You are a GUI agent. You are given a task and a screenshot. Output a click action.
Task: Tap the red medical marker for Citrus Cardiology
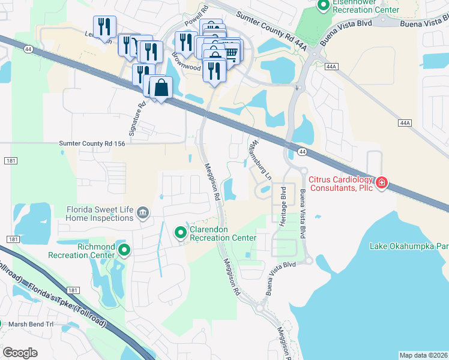(x=382, y=181)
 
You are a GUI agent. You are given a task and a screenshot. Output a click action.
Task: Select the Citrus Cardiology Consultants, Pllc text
(x=340, y=184)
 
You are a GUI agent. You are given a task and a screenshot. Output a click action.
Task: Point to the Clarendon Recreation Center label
(x=223, y=234)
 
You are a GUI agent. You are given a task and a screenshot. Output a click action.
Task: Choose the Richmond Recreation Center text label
(x=88, y=251)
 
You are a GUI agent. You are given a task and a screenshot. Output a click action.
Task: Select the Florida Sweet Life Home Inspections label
(x=100, y=214)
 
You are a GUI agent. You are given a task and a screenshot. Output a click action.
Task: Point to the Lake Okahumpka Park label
(x=408, y=246)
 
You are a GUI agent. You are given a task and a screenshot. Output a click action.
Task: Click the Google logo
(x=20, y=352)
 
